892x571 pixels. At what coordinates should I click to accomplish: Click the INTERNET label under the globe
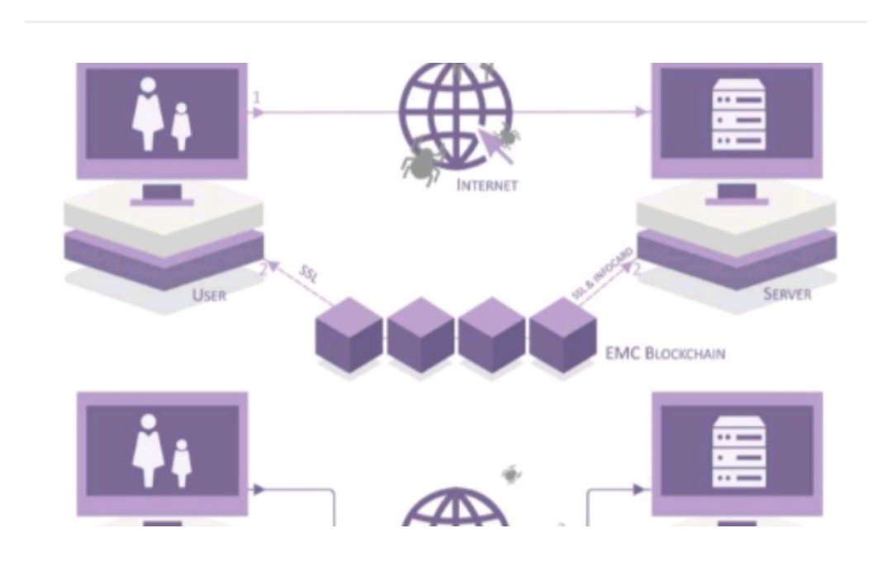pyautogui.click(x=487, y=185)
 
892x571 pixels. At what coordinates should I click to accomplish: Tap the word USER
pyautogui.click(x=209, y=295)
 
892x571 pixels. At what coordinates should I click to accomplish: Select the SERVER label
pyautogui.click(x=787, y=293)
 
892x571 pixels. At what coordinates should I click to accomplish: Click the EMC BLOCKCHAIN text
pyautogui.click(x=665, y=354)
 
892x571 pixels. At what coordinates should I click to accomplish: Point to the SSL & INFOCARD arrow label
pyautogui.click(x=602, y=274)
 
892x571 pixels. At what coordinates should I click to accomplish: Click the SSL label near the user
pyautogui.click(x=309, y=274)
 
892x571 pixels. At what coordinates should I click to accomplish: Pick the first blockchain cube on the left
pyautogui.click(x=349, y=335)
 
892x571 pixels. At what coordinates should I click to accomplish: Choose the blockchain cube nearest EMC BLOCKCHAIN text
pyautogui.click(x=563, y=335)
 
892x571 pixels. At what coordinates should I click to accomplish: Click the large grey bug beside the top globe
pyautogui.click(x=421, y=163)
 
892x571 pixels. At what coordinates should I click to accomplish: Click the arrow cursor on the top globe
pyautogui.click(x=495, y=145)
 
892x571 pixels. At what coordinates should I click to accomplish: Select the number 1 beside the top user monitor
pyautogui.click(x=257, y=98)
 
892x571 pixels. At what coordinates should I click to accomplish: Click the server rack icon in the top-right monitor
pyautogui.click(x=738, y=116)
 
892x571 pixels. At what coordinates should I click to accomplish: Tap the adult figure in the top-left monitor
pyautogui.click(x=148, y=114)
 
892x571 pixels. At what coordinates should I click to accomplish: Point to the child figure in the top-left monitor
pyautogui.click(x=181, y=126)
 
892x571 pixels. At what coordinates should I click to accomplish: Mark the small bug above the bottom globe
pyautogui.click(x=511, y=473)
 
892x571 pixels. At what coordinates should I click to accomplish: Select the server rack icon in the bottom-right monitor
pyautogui.click(x=738, y=452)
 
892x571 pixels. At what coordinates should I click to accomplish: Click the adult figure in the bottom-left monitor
pyautogui.click(x=148, y=451)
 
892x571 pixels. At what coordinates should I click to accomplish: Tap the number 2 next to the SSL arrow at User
pyautogui.click(x=263, y=270)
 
